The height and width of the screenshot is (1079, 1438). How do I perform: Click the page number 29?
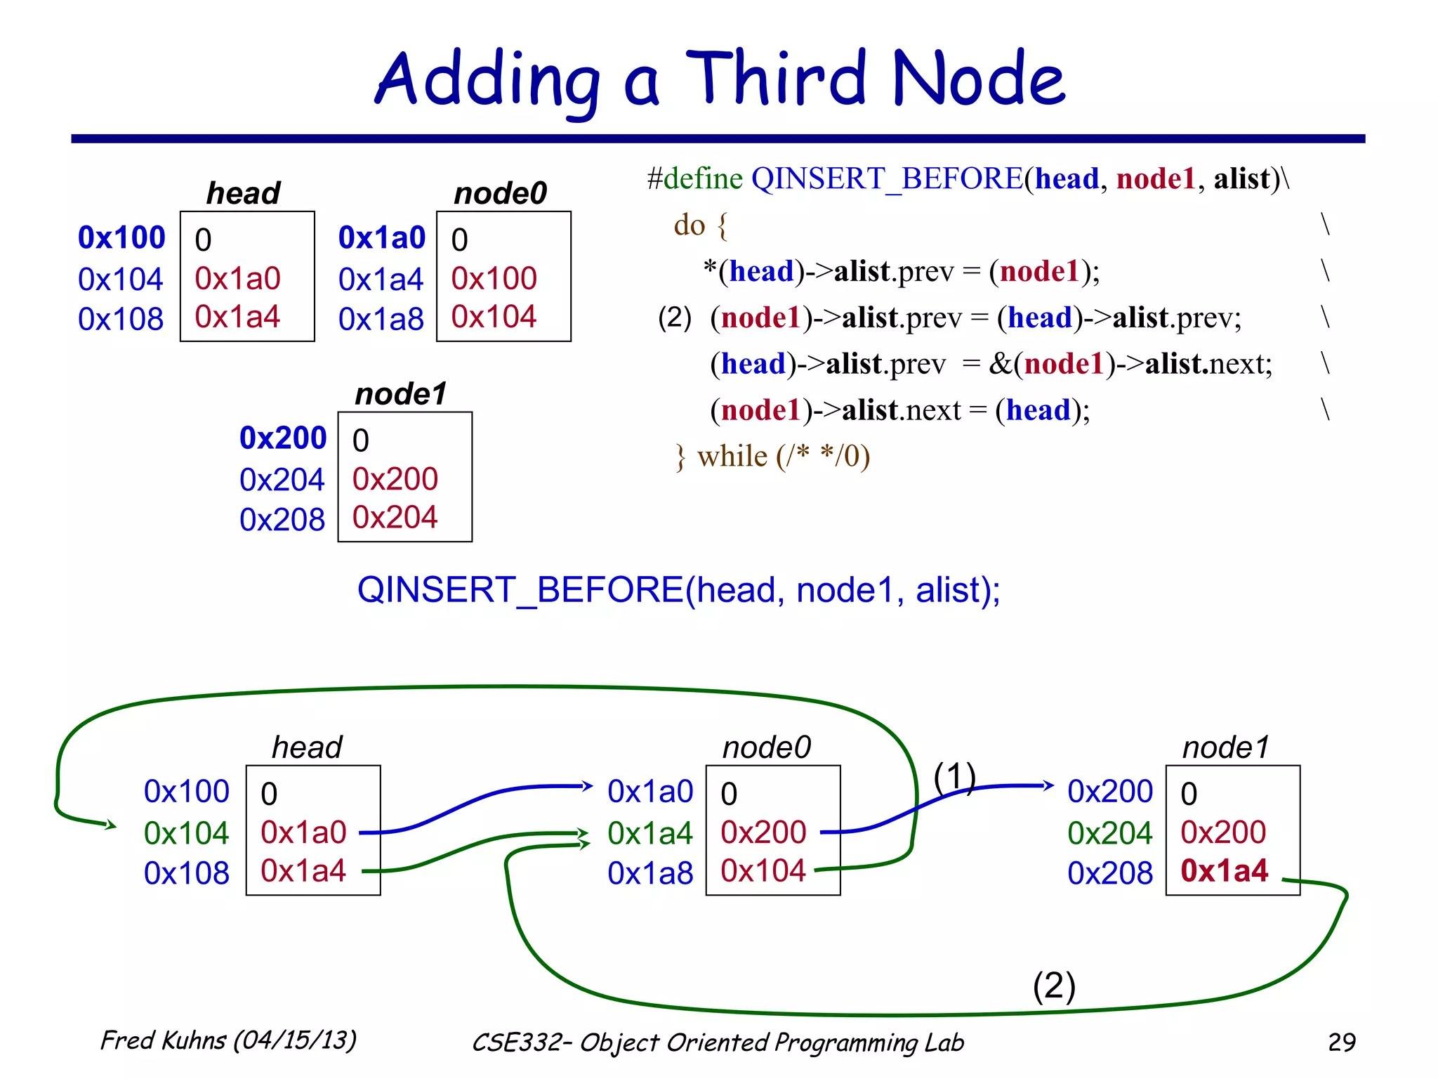point(1341,1042)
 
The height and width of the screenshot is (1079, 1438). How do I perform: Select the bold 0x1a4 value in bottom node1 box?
point(1224,871)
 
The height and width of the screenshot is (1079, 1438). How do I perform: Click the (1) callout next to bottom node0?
point(954,777)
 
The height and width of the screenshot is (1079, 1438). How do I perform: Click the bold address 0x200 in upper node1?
point(283,438)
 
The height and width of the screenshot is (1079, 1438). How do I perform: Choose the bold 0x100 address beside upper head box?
point(121,237)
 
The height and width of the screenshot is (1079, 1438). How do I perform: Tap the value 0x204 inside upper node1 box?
point(395,518)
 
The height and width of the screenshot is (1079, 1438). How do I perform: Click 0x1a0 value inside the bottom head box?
point(303,833)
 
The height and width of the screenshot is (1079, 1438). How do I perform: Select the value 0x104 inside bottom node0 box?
point(763,871)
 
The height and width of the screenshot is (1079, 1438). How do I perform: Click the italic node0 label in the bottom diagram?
point(766,747)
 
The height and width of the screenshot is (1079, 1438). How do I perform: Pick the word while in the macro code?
point(732,457)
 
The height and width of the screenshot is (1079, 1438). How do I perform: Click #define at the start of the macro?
point(694,179)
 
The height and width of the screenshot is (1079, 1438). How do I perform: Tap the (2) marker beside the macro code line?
point(674,318)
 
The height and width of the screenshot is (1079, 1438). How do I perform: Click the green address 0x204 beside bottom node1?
point(1109,834)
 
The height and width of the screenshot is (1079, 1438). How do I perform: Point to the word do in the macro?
point(689,225)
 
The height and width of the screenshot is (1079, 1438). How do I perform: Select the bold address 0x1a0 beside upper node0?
point(382,238)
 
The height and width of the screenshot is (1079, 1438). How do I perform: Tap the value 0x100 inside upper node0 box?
point(494,279)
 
